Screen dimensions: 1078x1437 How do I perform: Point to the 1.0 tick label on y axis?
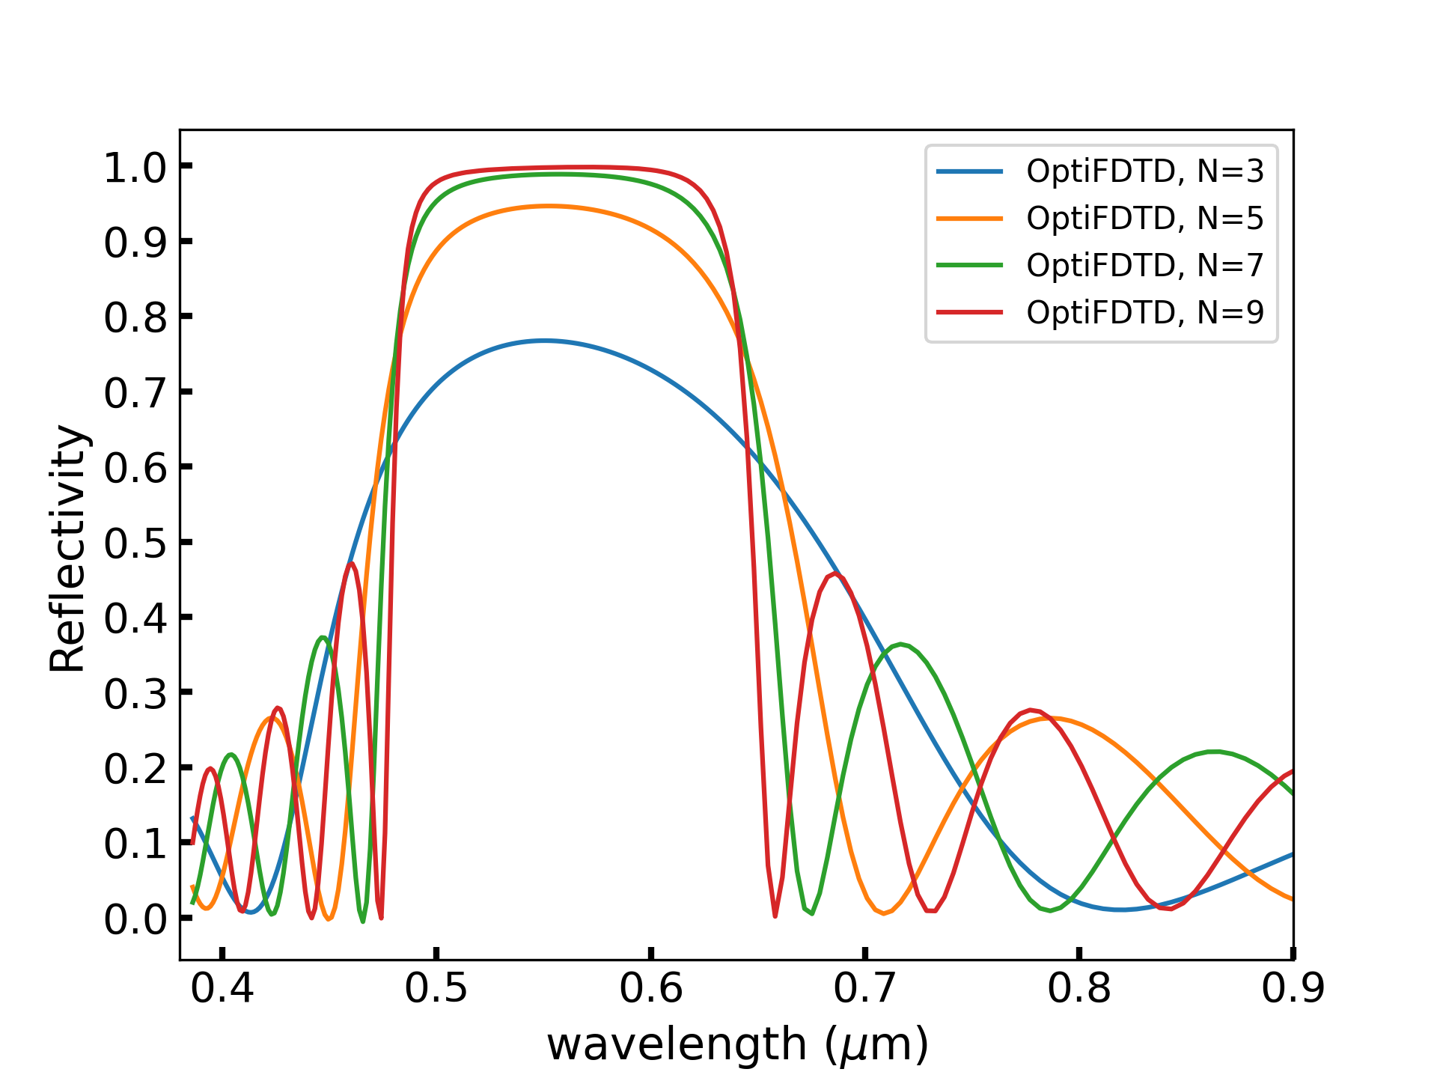(x=135, y=167)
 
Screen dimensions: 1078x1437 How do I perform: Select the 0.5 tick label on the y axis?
(x=135, y=543)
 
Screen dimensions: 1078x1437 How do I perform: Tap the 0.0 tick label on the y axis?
(x=135, y=919)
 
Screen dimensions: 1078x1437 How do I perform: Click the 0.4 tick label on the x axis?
(x=222, y=988)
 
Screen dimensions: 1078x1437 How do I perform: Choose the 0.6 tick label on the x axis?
(x=650, y=988)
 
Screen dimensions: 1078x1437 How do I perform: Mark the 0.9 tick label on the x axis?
(x=1293, y=988)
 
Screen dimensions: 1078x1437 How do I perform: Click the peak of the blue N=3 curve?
(x=544, y=341)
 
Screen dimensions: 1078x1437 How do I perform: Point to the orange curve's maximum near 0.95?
(x=549, y=206)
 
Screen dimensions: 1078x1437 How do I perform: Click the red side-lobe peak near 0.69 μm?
(x=835, y=574)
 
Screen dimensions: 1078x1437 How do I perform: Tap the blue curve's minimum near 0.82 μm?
(x=1120, y=910)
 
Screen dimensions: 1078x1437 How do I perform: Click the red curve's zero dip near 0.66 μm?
(x=775, y=916)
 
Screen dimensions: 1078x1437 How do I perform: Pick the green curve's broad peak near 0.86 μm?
(x=1214, y=752)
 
